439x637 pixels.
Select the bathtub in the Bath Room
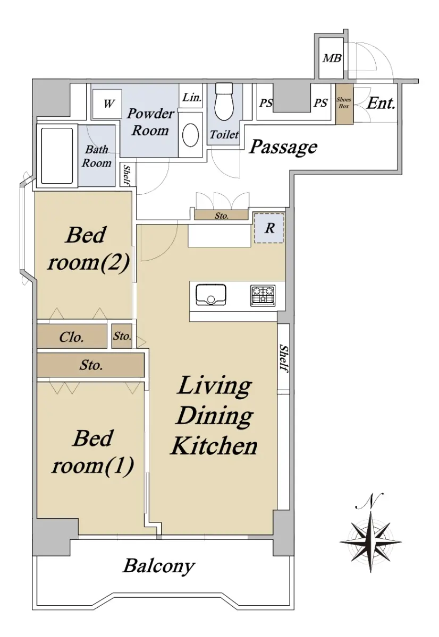pos(57,156)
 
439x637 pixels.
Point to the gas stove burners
pos(263,296)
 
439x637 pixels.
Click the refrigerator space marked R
pos(269,228)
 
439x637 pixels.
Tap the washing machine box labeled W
pos(107,104)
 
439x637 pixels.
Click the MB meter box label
pos(332,58)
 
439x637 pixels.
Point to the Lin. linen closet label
pos(192,98)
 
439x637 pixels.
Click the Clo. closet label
pos(71,337)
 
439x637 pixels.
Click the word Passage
pos(283,147)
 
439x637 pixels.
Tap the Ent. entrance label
pos(381,103)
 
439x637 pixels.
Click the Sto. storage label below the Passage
pos(222,216)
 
